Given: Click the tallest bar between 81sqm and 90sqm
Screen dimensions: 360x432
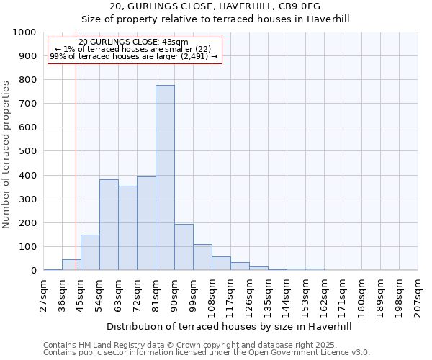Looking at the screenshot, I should pyautogui.click(x=165, y=178).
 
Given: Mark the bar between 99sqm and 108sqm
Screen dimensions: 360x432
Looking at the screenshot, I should pyautogui.click(x=202, y=257).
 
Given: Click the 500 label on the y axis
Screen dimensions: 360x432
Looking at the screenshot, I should pyautogui.click(x=27, y=151).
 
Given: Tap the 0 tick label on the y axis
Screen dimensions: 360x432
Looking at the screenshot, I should pyautogui.click(x=33, y=271).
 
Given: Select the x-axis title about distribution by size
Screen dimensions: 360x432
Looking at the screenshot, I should pyautogui.click(x=230, y=327).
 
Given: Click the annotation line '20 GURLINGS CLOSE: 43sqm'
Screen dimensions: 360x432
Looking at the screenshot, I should pyautogui.click(x=134, y=42).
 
